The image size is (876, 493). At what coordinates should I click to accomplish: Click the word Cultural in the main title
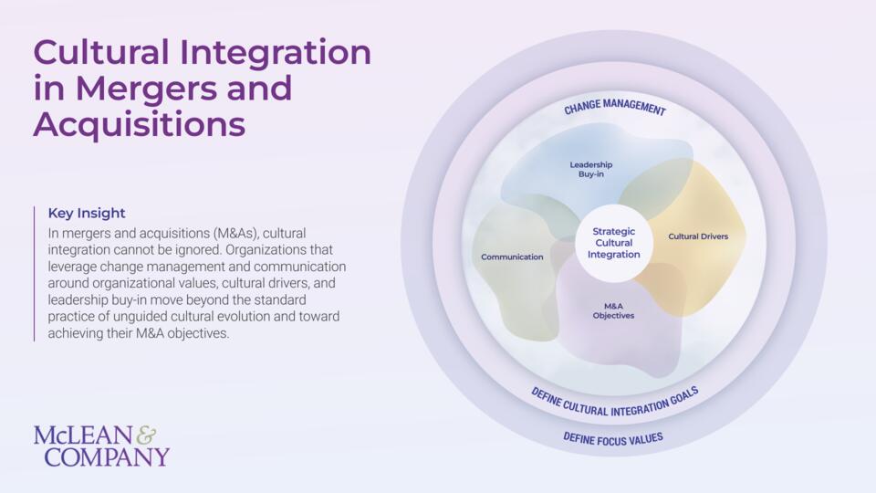101,52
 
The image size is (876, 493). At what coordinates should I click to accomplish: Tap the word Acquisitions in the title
140,124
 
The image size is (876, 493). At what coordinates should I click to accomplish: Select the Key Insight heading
87,213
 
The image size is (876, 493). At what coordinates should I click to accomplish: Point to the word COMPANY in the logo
107,456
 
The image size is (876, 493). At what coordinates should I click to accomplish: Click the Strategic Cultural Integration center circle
613,243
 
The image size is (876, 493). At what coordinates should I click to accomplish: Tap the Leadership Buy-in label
591,170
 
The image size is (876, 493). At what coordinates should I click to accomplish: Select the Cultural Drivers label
698,236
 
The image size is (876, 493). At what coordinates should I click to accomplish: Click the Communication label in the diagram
512,257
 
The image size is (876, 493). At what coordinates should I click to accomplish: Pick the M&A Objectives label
613,310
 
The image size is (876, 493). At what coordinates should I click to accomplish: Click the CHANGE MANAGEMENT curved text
614,106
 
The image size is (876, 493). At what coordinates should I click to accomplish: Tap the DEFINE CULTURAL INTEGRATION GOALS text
614,404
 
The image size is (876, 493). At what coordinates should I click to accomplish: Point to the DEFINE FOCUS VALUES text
613,439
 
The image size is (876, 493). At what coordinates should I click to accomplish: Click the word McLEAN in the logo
83,435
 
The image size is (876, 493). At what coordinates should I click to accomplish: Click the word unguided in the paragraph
141,317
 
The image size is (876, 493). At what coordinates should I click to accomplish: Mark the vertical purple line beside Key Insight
34,273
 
